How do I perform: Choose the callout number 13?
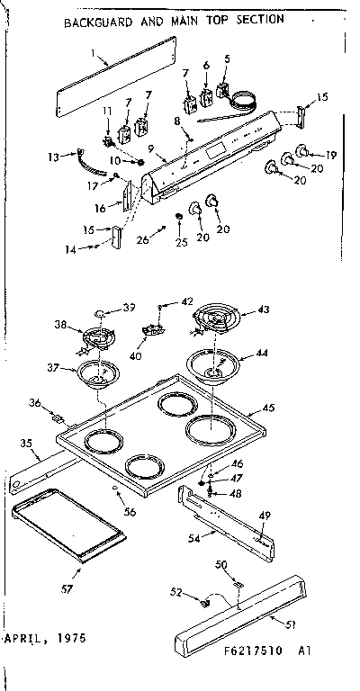point(52,157)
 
